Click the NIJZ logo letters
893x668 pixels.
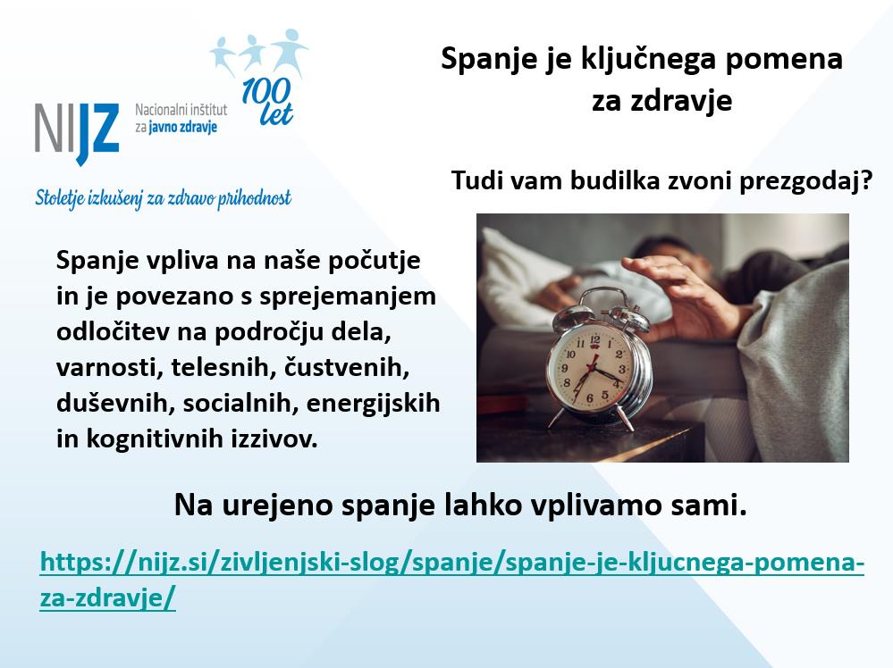tap(77, 132)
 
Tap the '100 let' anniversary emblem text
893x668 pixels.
tap(267, 101)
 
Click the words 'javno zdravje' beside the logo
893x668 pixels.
tap(183, 128)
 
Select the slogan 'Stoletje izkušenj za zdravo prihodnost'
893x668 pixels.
tap(164, 198)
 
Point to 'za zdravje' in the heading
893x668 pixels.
tap(661, 101)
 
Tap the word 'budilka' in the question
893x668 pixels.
tap(611, 181)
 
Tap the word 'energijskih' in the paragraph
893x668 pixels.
tap(373, 404)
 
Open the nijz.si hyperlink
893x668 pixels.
tap(452, 580)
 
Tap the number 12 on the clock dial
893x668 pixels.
tap(594, 339)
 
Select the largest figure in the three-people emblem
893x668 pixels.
tap(290, 51)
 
